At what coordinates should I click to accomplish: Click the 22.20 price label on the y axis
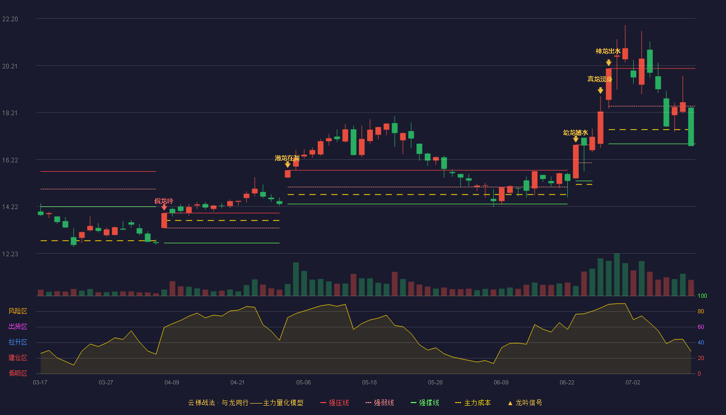coord(10,19)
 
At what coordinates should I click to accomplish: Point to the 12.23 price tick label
coord(10,254)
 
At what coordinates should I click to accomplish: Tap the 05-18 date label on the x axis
coord(369,383)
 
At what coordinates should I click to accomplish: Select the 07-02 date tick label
coord(633,383)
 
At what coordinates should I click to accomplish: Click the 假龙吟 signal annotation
coord(164,201)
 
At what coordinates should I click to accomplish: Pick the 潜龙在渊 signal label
coord(287,158)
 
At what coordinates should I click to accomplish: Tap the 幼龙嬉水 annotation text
coord(575,133)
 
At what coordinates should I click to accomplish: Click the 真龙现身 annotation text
coord(599,79)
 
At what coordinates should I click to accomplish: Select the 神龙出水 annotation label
coord(608,51)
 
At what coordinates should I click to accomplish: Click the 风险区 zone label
coord(18,311)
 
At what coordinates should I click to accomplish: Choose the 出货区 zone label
coord(18,326)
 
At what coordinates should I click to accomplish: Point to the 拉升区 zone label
coord(18,342)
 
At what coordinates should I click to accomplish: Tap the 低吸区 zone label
coord(18,373)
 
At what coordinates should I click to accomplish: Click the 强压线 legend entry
coord(334,403)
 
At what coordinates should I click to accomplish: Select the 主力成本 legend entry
coord(473,403)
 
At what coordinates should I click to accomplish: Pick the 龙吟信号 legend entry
coord(525,403)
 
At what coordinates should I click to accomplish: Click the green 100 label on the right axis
coord(702,296)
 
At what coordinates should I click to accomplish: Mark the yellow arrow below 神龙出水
coord(609,63)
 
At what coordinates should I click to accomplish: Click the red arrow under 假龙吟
coord(164,208)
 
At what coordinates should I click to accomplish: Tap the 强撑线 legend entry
coord(425,403)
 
